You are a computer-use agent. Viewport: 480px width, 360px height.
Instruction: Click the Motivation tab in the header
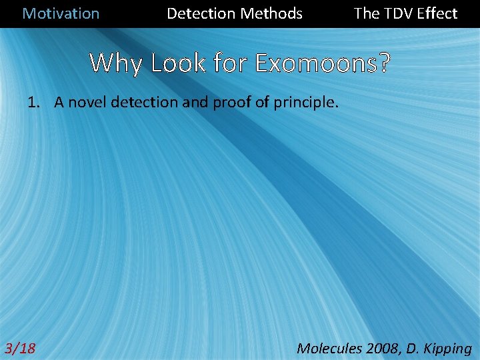[x=61, y=13]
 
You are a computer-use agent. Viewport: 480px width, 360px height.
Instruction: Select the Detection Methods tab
[x=234, y=13]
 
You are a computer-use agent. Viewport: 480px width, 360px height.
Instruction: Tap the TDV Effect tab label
[x=405, y=13]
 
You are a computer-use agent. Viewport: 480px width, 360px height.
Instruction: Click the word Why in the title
[x=117, y=63]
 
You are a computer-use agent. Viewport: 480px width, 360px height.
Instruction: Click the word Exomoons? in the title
[x=323, y=63]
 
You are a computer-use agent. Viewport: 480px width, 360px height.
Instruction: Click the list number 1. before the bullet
[x=34, y=103]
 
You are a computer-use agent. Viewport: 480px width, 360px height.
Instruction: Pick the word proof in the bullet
[x=229, y=103]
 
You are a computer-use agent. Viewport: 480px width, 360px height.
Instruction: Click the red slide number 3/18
[x=21, y=348]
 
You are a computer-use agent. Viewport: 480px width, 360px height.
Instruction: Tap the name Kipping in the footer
[x=447, y=348]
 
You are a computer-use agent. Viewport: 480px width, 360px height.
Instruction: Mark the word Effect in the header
[x=437, y=13]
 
